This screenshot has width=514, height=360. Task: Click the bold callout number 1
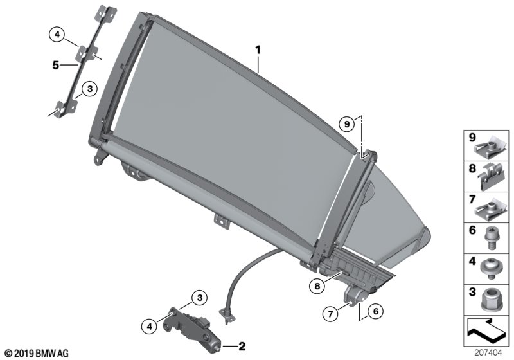[x=258, y=50]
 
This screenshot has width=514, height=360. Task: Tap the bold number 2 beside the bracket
[x=242, y=346]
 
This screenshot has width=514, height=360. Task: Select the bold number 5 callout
[x=56, y=65]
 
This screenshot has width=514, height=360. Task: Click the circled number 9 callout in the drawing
[x=347, y=124]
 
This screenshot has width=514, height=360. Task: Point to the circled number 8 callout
[x=317, y=286]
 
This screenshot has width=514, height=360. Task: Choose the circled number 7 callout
[x=330, y=314]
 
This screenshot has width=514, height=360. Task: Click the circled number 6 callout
[x=376, y=310]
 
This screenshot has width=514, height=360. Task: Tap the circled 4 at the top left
[x=57, y=34]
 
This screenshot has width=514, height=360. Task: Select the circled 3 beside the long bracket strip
[x=90, y=89]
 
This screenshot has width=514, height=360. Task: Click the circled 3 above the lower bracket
[x=200, y=298]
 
